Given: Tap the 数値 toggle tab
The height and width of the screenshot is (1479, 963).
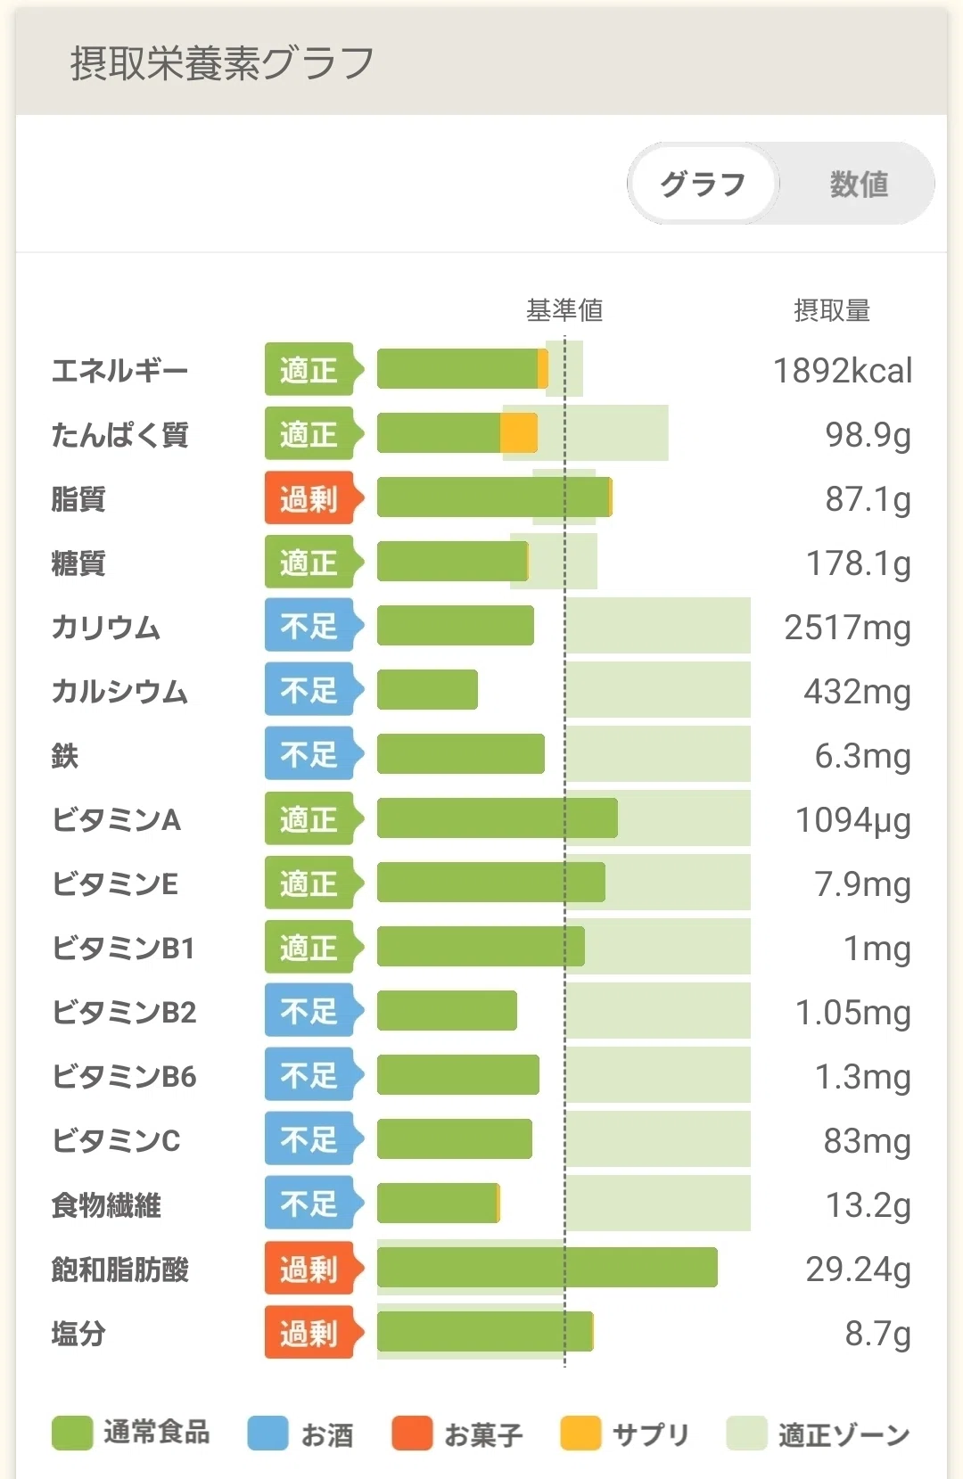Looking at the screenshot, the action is point(858,184).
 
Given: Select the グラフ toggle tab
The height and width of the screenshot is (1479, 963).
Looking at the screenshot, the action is point(703,184).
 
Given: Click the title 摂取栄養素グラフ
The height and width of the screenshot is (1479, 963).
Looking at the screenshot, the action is point(222,63).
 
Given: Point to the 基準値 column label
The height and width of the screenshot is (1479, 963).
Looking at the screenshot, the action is point(564,309).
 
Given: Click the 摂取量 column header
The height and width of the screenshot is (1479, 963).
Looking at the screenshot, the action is point(832,309).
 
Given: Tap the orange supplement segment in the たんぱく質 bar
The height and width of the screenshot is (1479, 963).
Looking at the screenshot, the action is point(518,432).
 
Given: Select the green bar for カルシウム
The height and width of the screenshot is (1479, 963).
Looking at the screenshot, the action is point(427,689).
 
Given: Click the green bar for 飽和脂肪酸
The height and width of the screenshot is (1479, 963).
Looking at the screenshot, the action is point(547,1267).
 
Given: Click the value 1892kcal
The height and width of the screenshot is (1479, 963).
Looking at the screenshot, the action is point(842,370).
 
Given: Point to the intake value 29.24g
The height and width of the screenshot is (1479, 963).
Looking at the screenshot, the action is point(858,1269).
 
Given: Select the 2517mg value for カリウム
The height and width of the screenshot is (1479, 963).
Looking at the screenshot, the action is point(847,628).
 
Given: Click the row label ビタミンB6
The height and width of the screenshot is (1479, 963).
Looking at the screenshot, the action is point(124,1076).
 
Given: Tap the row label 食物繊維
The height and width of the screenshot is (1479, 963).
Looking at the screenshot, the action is point(106,1205).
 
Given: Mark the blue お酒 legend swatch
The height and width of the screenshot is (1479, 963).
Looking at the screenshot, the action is point(267,1433).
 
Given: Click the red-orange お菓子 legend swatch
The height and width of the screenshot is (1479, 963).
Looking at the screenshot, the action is point(412,1433).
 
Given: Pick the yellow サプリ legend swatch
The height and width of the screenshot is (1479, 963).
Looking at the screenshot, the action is point(580,1433).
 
